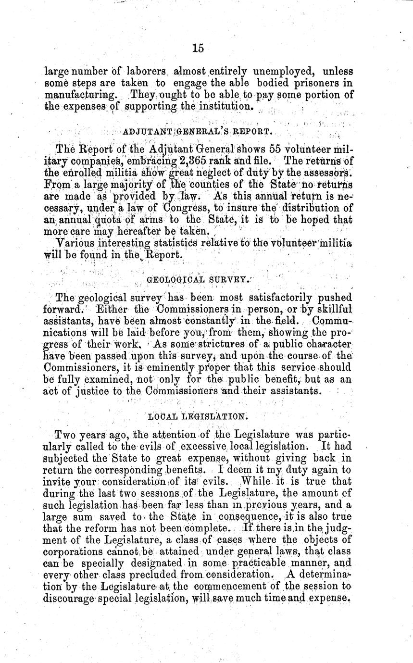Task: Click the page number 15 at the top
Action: [x=198, y=48]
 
